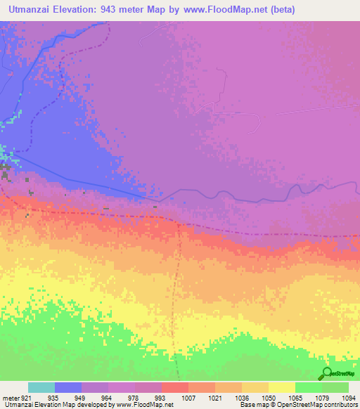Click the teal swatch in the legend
[41, 387]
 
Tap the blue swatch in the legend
[68, 387]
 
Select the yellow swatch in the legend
[282, 387]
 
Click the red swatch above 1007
[175, 387]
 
